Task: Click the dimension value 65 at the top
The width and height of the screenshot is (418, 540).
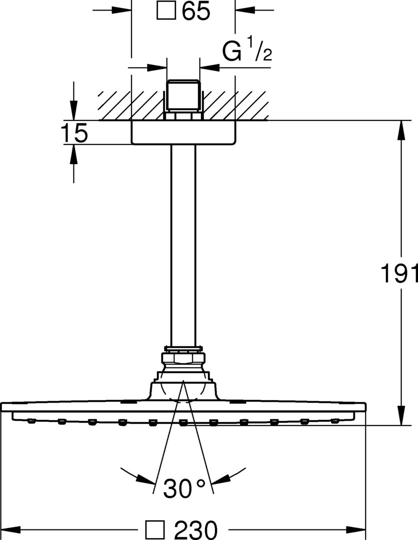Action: pyautogui.click(x=196, y=11)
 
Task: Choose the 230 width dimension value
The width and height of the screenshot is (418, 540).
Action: pyautogui.click(x=196, y=529)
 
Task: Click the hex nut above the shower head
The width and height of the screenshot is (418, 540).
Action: pyautogui.click(x=183, y=358)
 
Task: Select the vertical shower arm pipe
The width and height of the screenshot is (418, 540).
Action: pyautogui.click(x=183, y=245)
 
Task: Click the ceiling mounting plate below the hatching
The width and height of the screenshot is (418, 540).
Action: pyautogui.click(x=183, y=132)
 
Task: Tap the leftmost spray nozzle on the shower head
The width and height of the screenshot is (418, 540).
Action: pyautogui.click(x=31, y=421)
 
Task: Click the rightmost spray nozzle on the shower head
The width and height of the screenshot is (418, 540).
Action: pyautogui.click(x=334, y=421)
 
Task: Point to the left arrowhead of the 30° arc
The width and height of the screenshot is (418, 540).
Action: pyautogui.click(x=144, y=479)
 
